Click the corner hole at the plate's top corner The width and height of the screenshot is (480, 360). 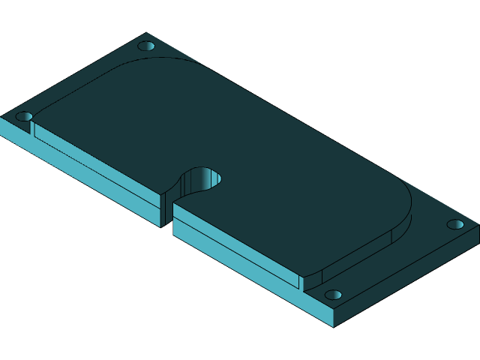pyautogui.click(x=146, y=46)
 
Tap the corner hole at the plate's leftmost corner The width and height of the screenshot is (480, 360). pyautogui.click(x=24, y=116)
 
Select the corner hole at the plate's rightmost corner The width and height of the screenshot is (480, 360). pyautogui.click(x=455, y=224)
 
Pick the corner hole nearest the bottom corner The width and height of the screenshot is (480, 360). pyautogui.click(x=333, y=295)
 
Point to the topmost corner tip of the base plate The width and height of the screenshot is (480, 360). pyautogui.click(x=147, y=33)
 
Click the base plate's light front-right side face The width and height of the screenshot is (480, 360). pyautogui.click(x=409, y=277)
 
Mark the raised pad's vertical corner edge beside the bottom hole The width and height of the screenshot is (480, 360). pyautogui.click(x=301, y=282)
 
